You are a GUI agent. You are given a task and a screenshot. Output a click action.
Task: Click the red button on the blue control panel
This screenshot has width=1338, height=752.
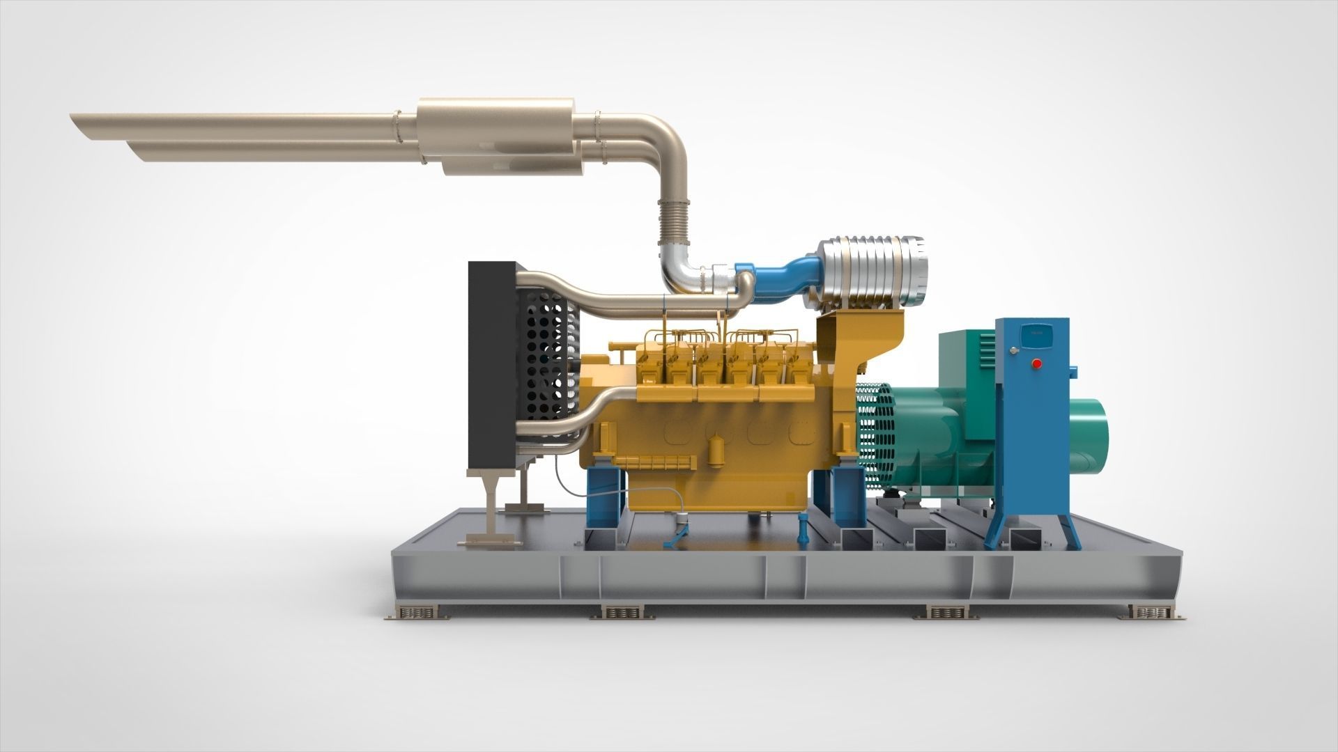click(x=1036, y=363)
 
